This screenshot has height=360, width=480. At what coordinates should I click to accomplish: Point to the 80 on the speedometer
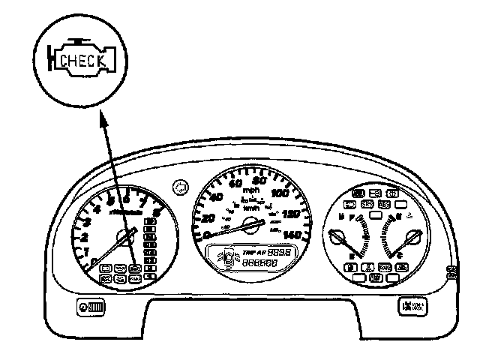click(x=262, y=181)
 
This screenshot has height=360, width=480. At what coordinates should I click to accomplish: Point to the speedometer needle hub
click(x=252, y=223)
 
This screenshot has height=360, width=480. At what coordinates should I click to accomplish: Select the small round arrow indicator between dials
click(x=178, y=184)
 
